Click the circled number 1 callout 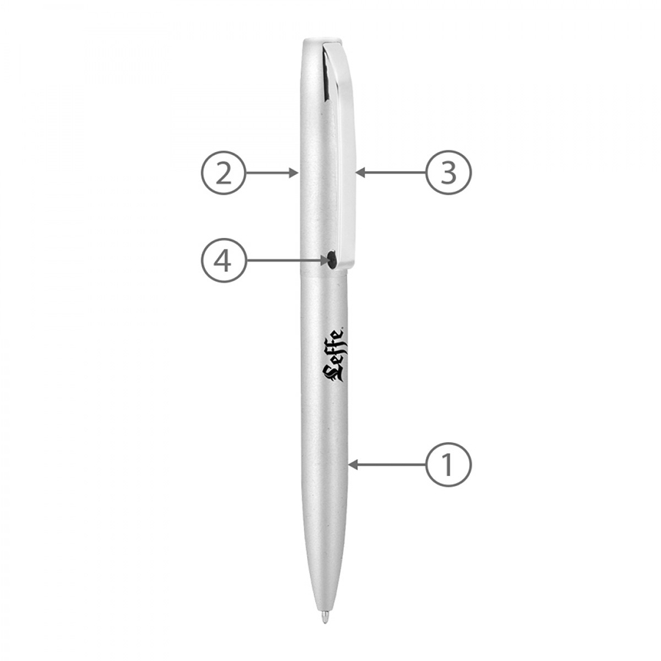coord(448,465)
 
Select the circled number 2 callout coord(223,173)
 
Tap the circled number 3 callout coord(449,173)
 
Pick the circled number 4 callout coord(223,261)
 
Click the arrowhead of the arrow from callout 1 coord(353,465)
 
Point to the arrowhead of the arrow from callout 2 coord(295,173)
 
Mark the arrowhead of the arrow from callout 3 coord(360,173)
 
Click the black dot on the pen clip coord(332,259)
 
